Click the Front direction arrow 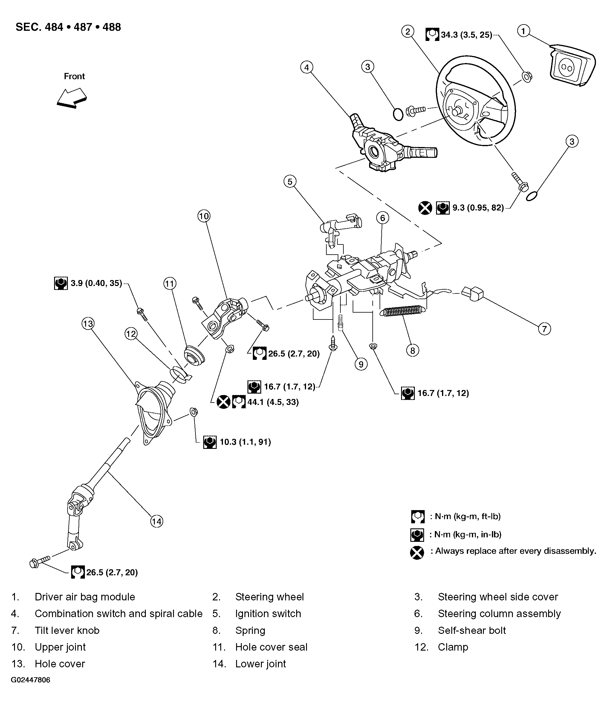(x=72, y=98)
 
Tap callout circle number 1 (x=523, y=31)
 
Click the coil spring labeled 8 (x=403, y=311)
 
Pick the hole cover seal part (x=194, y=356)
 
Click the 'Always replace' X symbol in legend (x=417, y=553)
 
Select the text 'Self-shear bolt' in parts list (x=472, y=630)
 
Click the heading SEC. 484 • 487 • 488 (x=68, y=27)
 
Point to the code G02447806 (x=30, y=689)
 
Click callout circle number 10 (x=204, y=216)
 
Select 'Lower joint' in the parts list (x=261, y=663)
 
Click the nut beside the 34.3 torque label (x=526, y=77)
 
